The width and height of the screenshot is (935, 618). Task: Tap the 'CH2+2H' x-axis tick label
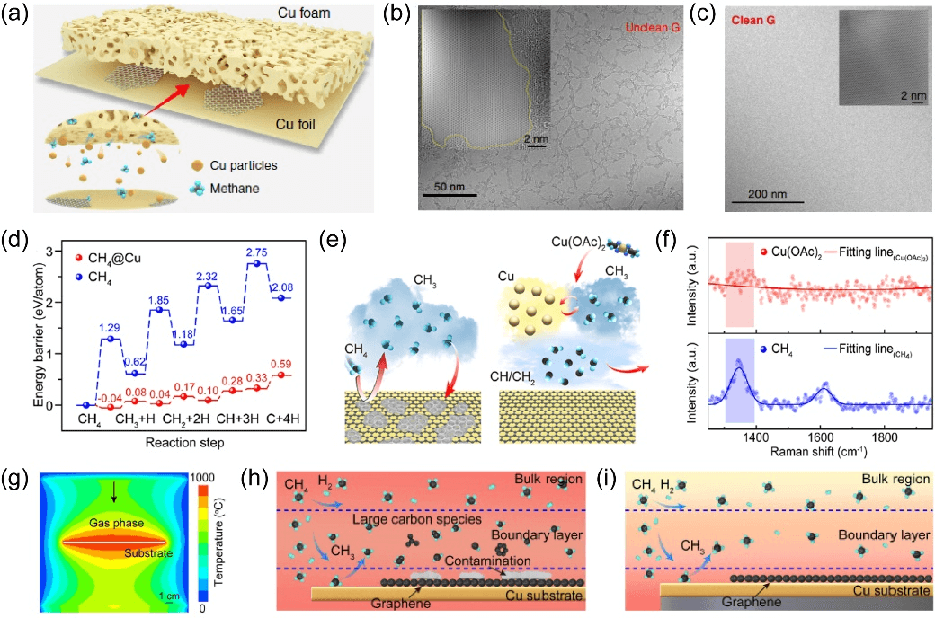[x=186, y=422]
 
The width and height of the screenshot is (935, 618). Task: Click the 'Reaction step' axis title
[x=174, y=443]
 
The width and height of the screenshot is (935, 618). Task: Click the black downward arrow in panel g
[x=111, y=490]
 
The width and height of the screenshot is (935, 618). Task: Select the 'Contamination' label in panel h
[x=493, y=560]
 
